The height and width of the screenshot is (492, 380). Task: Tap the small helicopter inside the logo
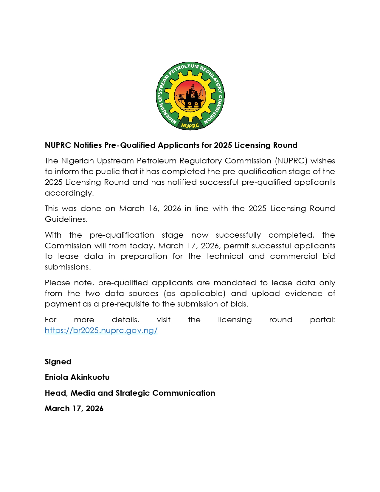click(x=180, y=96)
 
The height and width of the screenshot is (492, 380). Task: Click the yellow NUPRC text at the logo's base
click(x=190, y=126)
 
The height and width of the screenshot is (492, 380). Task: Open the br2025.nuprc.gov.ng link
click(x=101, y=330)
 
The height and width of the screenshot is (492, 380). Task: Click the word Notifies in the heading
click(x=88, y=145)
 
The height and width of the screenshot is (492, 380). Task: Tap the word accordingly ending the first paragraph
click(x=69, y=193)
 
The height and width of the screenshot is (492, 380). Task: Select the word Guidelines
click(x=66, y=219)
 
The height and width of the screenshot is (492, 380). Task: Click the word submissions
click(x=68, y=267)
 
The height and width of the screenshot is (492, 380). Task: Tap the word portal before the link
click(x=322, y=320)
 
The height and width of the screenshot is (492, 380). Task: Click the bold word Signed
click(x=58, y=362)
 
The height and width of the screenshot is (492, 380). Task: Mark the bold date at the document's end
click(x=74, y=409)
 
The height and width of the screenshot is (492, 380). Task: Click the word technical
click(x=225, y=256)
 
